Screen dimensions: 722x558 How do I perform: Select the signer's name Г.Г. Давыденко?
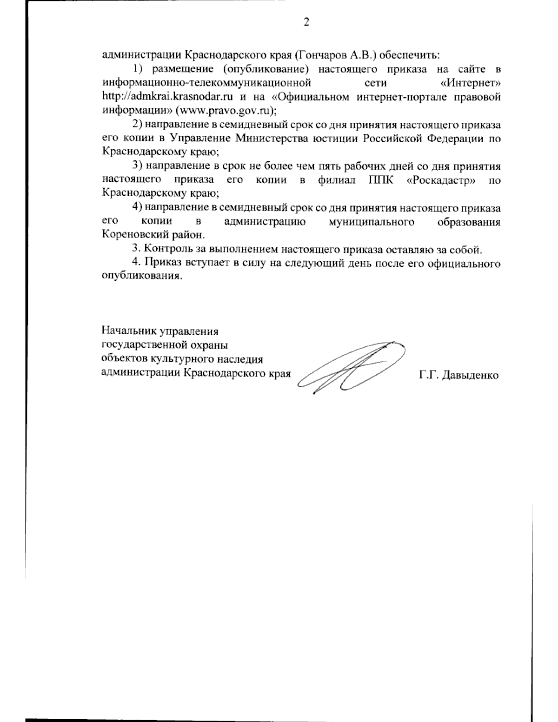click(x=458, y=375)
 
